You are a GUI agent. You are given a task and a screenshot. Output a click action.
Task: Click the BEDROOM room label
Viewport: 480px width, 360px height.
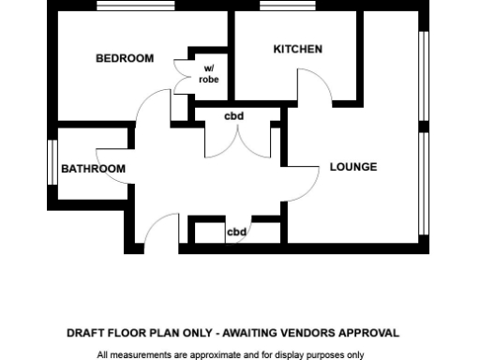(x=124, y=58)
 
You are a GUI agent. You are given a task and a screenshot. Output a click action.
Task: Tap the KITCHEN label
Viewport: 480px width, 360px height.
(x=297, y=49)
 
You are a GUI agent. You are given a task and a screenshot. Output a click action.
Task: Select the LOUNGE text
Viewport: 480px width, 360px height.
(x=353, y=167)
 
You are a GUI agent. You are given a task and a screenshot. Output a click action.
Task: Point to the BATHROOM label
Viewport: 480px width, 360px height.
(x=93, y=169)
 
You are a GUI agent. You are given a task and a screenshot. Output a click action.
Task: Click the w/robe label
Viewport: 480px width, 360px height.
(x=209, y=74)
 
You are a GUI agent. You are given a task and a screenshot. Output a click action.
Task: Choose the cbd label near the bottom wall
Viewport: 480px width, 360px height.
(x=237, y=232)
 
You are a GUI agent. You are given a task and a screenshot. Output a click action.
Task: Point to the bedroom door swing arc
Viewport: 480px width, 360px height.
(x=150, y=104)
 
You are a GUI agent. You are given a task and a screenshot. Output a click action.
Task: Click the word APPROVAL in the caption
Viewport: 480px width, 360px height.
(x=373, y=333)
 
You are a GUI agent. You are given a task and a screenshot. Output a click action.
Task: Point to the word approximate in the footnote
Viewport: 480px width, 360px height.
(x=212, y=355)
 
